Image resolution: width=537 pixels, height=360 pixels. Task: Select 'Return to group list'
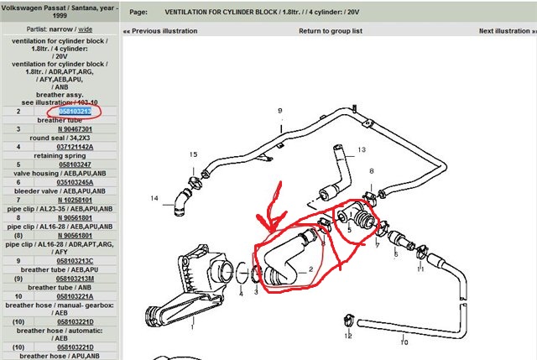(331, 31)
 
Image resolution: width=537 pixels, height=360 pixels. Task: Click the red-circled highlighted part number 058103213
(74, 111)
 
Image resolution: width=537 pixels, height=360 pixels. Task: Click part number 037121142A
(75, 146)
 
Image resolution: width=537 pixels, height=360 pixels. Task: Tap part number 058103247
(75, 164)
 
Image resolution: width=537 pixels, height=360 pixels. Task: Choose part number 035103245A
(75, 181)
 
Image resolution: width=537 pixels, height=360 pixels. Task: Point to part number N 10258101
(75, 199)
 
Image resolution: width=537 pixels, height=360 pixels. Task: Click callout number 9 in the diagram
(280, 111)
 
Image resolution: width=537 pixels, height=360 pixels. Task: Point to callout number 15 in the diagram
(192, 154)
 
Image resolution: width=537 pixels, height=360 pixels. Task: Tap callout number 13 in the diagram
(362, 150)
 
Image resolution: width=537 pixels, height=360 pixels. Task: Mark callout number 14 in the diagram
(154, 199)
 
